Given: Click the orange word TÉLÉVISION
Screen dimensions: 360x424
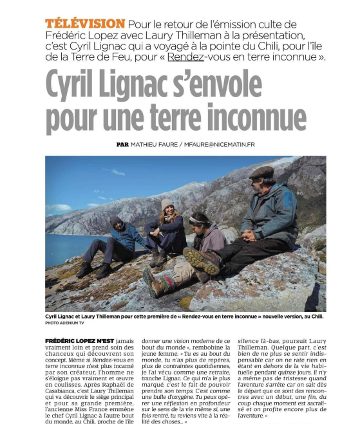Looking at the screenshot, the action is (85, 23).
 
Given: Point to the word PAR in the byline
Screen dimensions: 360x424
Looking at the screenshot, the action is (122, 145).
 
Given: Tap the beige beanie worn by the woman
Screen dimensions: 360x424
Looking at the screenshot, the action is (167, 204).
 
